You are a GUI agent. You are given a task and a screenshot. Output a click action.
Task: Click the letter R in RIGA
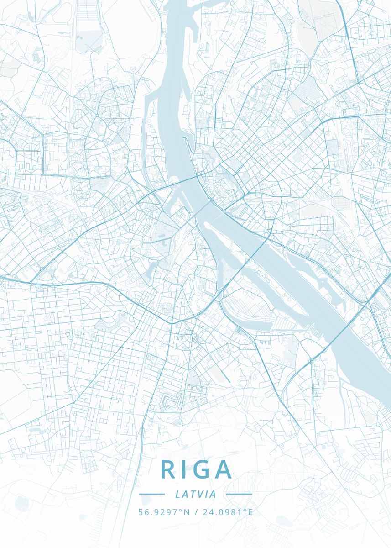(167, 469)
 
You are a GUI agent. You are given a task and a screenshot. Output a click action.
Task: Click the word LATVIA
(195, 494)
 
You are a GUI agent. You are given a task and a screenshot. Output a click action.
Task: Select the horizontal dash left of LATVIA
(151, 494)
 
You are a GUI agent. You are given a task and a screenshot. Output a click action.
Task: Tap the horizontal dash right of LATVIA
(239, 494)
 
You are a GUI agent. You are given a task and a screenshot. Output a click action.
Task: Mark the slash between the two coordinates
(196, 512)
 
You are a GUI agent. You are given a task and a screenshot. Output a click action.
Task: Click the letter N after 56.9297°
(187, 512)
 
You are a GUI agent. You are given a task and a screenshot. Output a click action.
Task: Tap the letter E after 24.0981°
(250, 512)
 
